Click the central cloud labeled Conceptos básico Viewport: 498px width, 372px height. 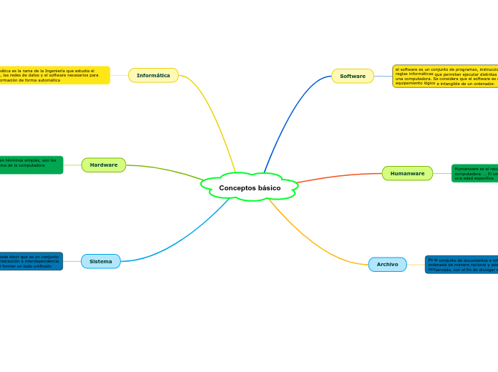[x=250, y=187]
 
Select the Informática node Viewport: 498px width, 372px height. [x=153, y=75]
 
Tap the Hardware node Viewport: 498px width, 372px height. [x=104, y=165]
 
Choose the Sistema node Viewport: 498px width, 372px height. [x=101, y=261]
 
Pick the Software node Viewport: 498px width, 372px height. [x=353, y=76]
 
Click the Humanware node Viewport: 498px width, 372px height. [x=407, y=173]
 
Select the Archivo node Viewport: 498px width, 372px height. [x=387, y=265]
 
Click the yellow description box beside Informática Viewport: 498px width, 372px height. [x=54, y=75]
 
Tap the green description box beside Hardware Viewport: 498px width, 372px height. [x=31, y=165]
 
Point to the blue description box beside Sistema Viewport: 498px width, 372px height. [x=31, y=261]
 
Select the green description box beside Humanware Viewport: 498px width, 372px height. [x=474, y=173]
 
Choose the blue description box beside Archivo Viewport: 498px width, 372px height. [x=462, y=265]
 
